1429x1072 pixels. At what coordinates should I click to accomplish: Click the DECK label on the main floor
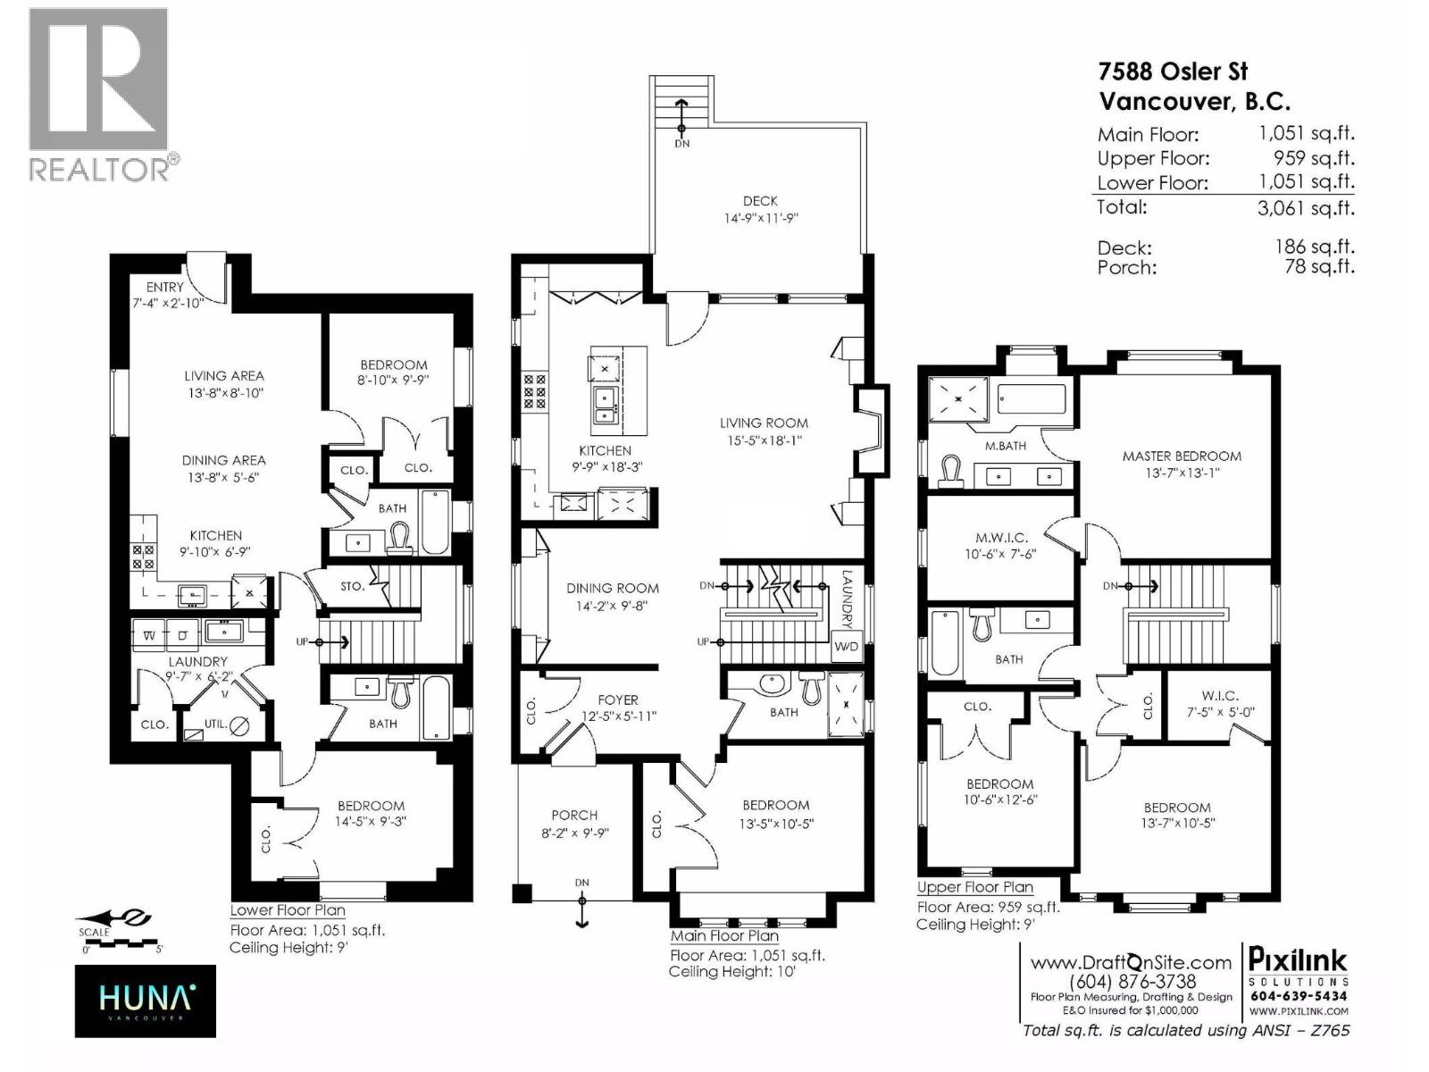[x=760, y=201]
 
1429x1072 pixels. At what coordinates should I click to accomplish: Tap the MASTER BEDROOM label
[x=1182, y=456]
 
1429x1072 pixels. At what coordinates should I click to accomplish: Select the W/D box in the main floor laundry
[x=846, y=646]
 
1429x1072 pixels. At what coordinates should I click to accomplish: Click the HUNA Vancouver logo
[x=145, y=1001]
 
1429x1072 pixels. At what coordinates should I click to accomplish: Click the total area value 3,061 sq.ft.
[x=1307, y=208]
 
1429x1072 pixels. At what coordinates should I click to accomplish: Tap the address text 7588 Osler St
[x=1173, y=71]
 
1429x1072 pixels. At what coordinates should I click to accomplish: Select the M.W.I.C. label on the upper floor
[x=1001, y=538]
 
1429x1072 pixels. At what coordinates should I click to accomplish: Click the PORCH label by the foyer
[x=574, y=815]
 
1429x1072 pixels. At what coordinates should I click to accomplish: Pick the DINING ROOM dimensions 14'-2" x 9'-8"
[x=612, y=606]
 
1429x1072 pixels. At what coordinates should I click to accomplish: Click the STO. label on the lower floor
[x=352, y=587]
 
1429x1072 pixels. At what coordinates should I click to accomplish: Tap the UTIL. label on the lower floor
[x=214, y=724]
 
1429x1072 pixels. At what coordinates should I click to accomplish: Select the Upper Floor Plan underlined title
[x=974, y=887]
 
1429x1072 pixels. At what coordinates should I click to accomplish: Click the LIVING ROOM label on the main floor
[x=764, y=423]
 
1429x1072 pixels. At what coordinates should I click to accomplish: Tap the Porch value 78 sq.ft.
[x=1319, y=266]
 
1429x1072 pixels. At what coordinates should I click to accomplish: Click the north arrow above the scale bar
[x=113, y=917]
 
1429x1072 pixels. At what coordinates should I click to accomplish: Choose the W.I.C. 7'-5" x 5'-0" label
[x=1220, y=704]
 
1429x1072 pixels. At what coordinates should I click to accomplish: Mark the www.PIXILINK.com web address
[x=1299, y=1011]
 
